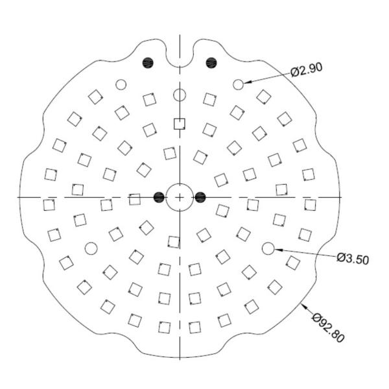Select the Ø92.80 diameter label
pos(329,328)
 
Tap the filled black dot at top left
pos(148,62)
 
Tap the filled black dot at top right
pos(211,62)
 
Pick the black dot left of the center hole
pos(159,197)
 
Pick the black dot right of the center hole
pos(200,197)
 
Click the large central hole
pos(180,197)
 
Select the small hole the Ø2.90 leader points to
pos(238,84)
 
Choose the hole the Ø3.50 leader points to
pos(268,248)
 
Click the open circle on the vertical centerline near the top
pos(180,96)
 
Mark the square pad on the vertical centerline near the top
pos(180,124)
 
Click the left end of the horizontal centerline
pos(19,197)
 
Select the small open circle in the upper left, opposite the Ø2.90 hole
pos(120,84)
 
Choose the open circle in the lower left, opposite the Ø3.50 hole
pos(91,248)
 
